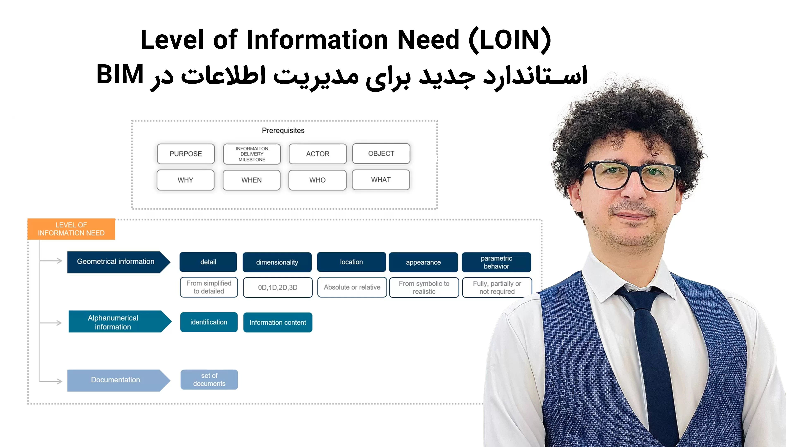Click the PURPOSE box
pos(185,154)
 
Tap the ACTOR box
pos(317,154)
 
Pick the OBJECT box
pos(381,153)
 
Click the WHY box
pos(185,180)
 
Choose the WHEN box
pos(251,180)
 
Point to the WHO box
pos(317,180)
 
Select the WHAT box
pos(381,180)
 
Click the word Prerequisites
pos(283,131)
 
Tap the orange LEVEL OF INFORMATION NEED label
pos(71,229)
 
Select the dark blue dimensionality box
pos(277,262)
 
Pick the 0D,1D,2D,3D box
pos(278,287)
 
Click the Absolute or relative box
pos(352,287)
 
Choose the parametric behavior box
pos(496,262)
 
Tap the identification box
pos(209,322)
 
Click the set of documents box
pos(209,380)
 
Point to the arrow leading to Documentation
pos(51,381)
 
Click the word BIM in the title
pos(120,75)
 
